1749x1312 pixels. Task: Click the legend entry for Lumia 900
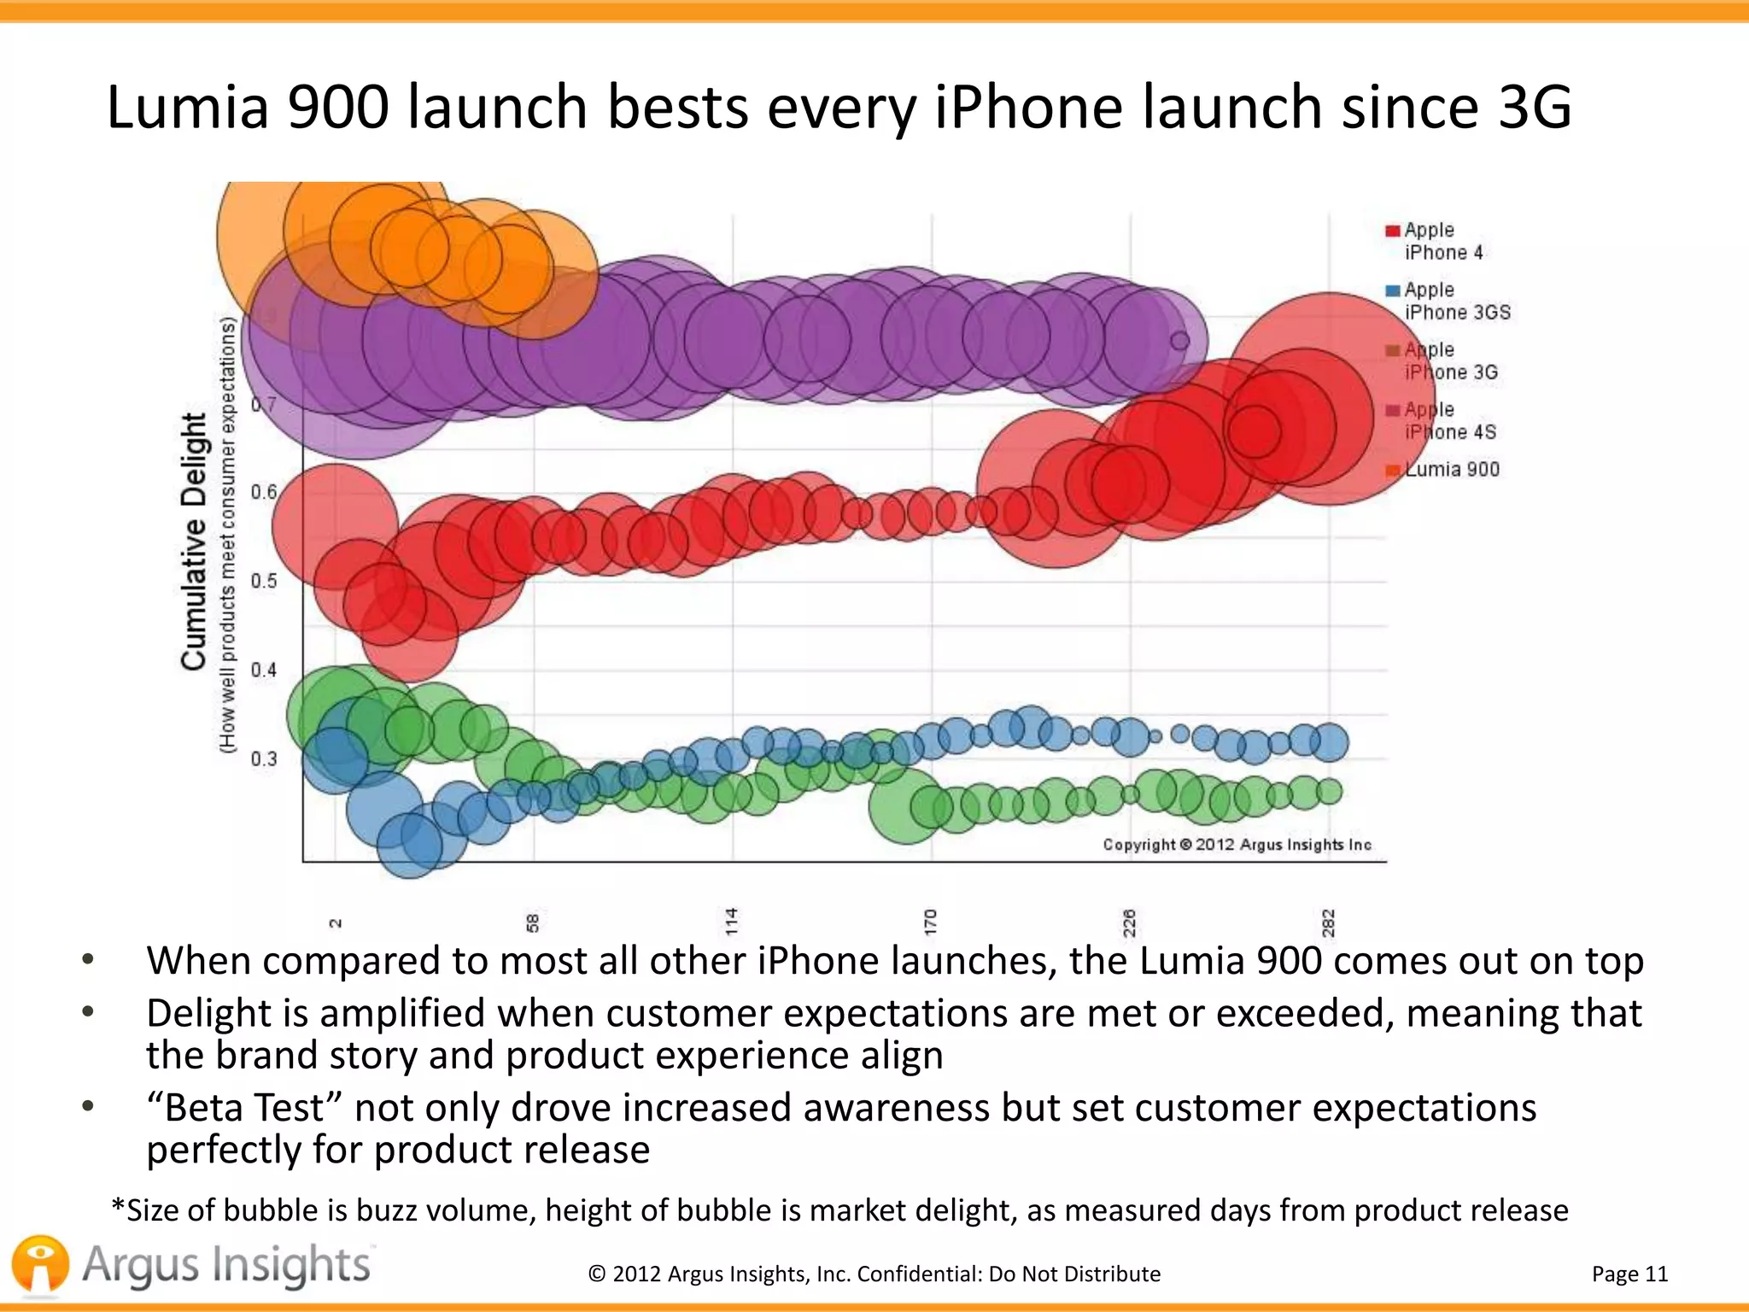(1451, 469)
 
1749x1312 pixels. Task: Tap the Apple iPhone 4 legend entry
(1443, 241)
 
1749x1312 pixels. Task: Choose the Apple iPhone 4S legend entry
(1449, 420)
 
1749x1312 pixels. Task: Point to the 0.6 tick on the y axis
(264, 492)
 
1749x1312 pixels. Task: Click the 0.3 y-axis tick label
(264, 758)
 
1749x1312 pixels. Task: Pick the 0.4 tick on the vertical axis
(264, 670)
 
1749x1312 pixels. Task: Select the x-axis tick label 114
(731, 922)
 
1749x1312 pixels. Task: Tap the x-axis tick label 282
(1328, 922)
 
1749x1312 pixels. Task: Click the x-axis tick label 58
(533, 922)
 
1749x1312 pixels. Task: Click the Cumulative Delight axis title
(195, 542)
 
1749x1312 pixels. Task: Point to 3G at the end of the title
(1534, 108)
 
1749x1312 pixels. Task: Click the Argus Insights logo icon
(39, 1265)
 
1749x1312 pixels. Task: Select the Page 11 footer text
(1629, 1274)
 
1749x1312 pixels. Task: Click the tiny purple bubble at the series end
(1179, 341)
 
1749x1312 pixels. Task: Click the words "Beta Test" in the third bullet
(245, 1108)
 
